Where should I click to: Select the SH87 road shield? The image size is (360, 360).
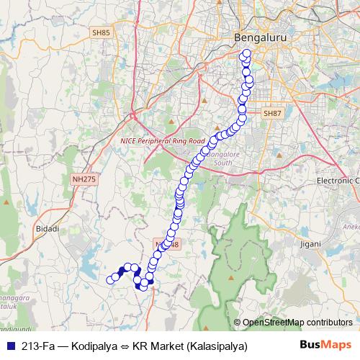click(x=271, y=114)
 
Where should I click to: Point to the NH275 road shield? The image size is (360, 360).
click(x=84, y=179)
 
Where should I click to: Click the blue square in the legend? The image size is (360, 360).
click(x=9, y=346)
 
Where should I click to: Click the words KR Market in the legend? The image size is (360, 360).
click(x=158, y=346)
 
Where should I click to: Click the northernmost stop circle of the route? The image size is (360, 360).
click(x=247, y=53)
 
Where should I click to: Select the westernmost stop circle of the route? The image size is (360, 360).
click(x=111, y=280)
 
